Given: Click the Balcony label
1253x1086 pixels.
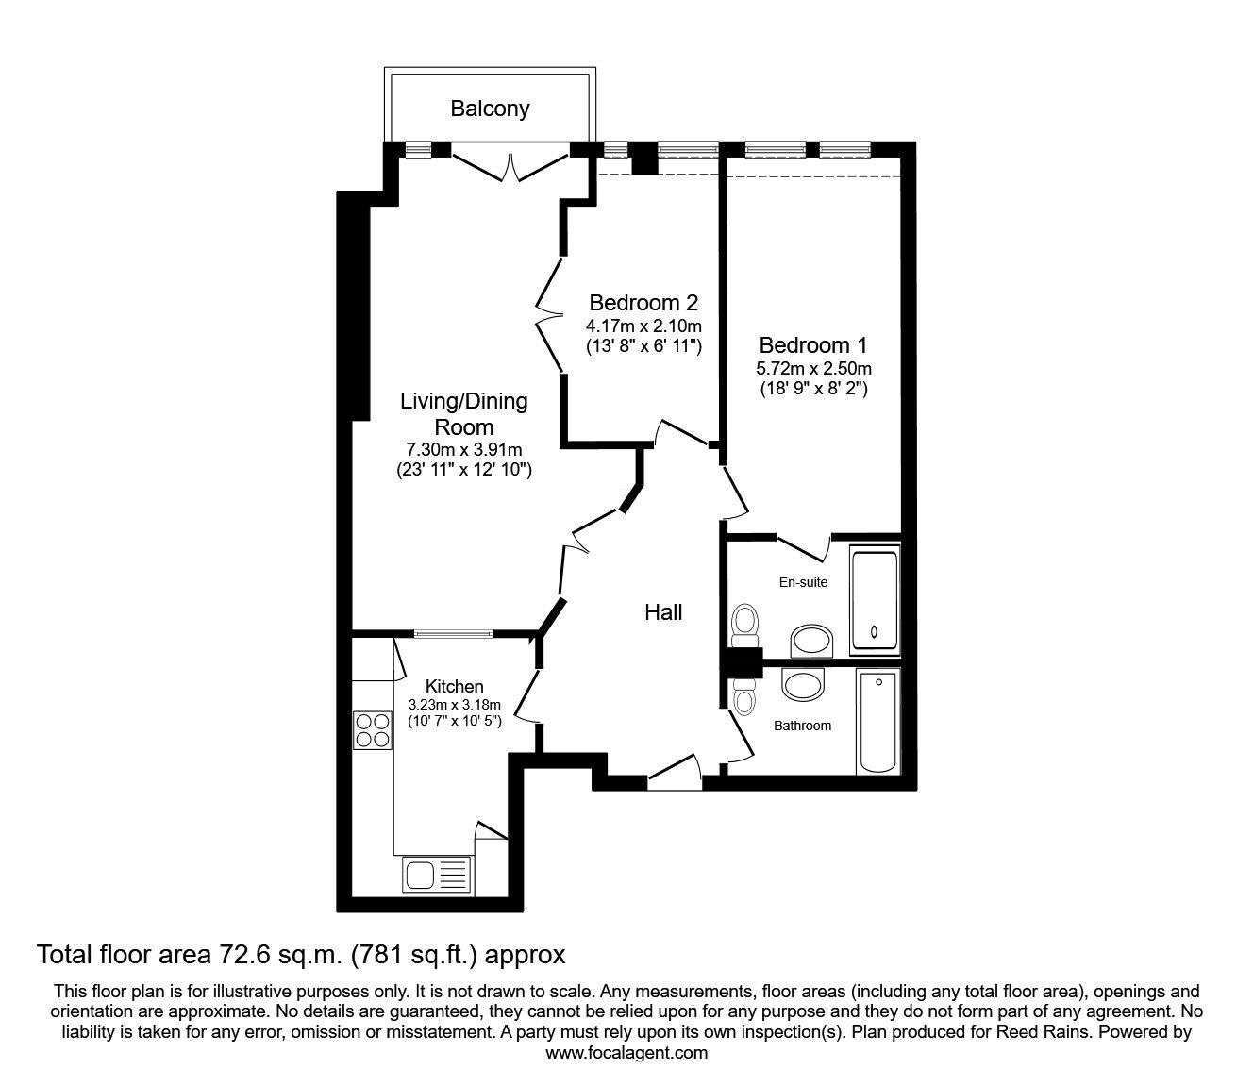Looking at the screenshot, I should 489,109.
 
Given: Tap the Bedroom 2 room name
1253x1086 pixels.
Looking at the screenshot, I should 643,303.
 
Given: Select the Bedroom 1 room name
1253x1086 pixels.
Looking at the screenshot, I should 812,345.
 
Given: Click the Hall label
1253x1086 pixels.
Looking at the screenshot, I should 663,612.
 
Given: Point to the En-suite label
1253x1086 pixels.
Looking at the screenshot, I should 803,582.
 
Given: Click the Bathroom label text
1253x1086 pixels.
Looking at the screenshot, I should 802,726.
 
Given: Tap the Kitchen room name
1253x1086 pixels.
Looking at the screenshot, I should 454,686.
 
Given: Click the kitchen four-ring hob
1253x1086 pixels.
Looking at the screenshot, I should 373,728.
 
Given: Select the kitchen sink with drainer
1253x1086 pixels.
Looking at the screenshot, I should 436,874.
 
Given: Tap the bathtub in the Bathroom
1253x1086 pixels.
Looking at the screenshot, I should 878,721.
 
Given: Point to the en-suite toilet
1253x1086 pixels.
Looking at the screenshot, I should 744,622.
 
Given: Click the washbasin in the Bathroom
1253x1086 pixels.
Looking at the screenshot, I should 803,686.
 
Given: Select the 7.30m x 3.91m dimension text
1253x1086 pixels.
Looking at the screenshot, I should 464,450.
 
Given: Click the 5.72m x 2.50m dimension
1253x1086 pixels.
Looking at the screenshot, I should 813,368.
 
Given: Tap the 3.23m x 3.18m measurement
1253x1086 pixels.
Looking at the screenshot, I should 454,705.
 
